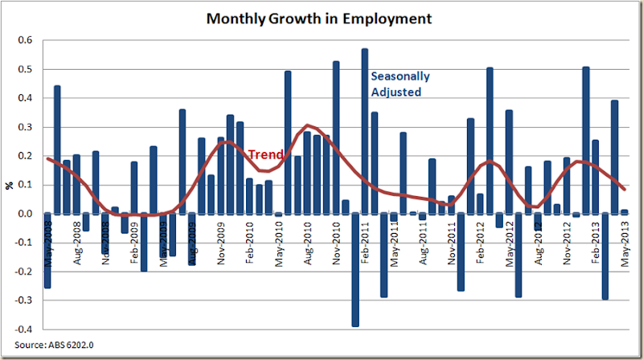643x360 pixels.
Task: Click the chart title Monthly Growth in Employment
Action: (317, 17)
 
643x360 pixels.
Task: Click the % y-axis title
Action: (9, 185)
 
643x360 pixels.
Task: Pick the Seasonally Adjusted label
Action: (399, 84)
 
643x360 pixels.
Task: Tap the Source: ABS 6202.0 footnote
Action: (51, 346)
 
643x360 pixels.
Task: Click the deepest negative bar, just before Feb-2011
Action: (355, 270)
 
